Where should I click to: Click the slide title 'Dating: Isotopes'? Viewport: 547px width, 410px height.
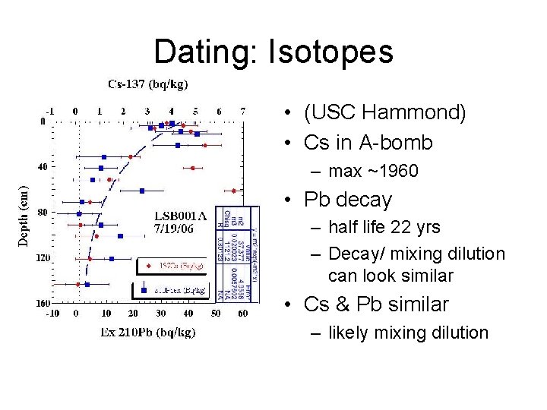click(x=273, y=52)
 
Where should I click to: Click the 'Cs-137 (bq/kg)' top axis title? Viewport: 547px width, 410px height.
click(x=148, y=84)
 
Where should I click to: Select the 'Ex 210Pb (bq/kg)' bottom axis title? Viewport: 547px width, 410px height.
click(x=148, y=332)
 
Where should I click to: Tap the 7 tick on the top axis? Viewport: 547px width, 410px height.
click(x=242, y=111)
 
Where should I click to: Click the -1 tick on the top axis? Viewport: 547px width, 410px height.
click(x=50, y=111)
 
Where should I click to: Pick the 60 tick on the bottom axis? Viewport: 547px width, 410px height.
click(x=242, y=313)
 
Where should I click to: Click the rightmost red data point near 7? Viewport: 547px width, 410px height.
click(x=234, y=191)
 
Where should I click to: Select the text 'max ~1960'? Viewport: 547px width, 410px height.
click(x=373, y=172)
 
